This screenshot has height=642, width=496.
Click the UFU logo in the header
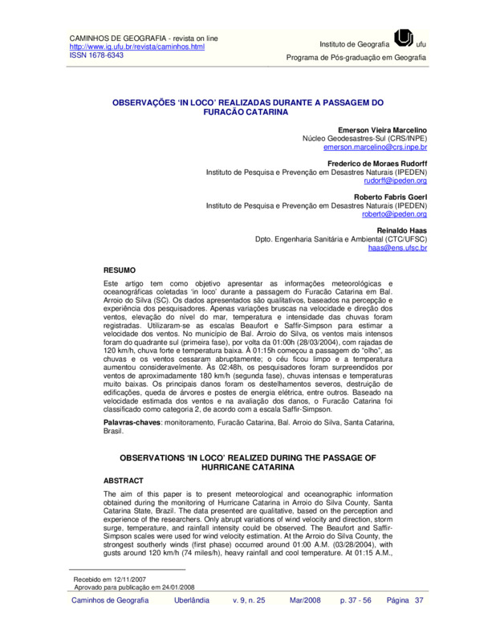tap(405, 39)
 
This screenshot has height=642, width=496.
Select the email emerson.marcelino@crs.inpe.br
tap(375, 148)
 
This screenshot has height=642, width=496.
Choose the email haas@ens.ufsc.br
tap(397, 249)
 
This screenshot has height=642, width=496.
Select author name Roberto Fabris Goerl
tap(390, 197)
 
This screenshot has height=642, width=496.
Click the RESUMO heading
tap(120, 270)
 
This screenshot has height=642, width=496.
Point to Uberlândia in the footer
tap(192, 623)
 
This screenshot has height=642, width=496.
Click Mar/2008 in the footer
tap(305, 623)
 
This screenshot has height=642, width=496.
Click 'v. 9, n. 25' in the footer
tap(249, 623)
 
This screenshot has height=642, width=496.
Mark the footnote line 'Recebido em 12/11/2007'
tap(110, 600)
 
